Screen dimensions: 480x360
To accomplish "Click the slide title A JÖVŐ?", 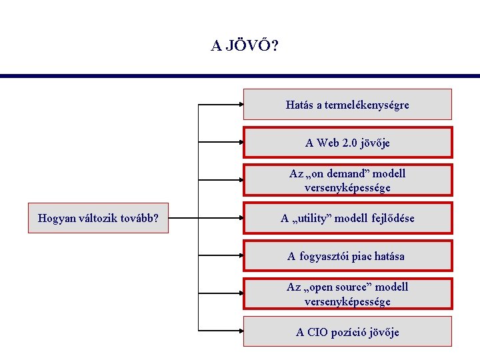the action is (245, 46).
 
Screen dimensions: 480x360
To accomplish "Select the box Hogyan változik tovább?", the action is (98, 218).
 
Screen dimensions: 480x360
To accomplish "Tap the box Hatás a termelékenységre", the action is (347, 105).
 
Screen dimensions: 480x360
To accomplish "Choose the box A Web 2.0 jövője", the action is (347, 143).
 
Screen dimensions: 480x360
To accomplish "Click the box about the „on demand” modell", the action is (347, 181).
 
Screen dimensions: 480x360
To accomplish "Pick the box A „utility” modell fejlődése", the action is (347, 218).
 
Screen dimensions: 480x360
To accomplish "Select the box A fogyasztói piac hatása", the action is (347, 256).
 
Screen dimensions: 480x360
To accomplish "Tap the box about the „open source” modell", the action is (347, 294).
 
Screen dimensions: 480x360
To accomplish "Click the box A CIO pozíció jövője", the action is (347, 332).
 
